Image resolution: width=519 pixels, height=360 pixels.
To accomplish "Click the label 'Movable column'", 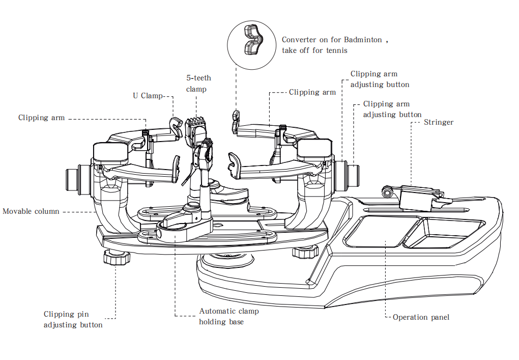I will [x=31, y=211].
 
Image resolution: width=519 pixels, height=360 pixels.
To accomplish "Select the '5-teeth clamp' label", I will [x=198, y=84].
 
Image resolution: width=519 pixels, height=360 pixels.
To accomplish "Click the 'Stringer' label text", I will [x=438, y=122].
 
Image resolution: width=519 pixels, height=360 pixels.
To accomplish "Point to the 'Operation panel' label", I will [x=421, y=317].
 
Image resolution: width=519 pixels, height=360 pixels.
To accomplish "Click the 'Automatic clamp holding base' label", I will [x=228, y=316].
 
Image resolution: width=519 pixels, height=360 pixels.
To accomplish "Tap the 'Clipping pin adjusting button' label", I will [x=73, y=319].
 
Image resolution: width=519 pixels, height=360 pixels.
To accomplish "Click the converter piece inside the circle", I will [x=252, y=39].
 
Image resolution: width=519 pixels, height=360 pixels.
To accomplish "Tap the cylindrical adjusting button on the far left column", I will [x=73, y=180].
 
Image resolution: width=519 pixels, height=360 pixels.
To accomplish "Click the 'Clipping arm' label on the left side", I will [x=41, y=118].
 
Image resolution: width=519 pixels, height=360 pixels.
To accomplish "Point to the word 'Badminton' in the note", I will [x=363, y=40].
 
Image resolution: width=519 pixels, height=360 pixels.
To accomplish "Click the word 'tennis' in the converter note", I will [x=336, y=50].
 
